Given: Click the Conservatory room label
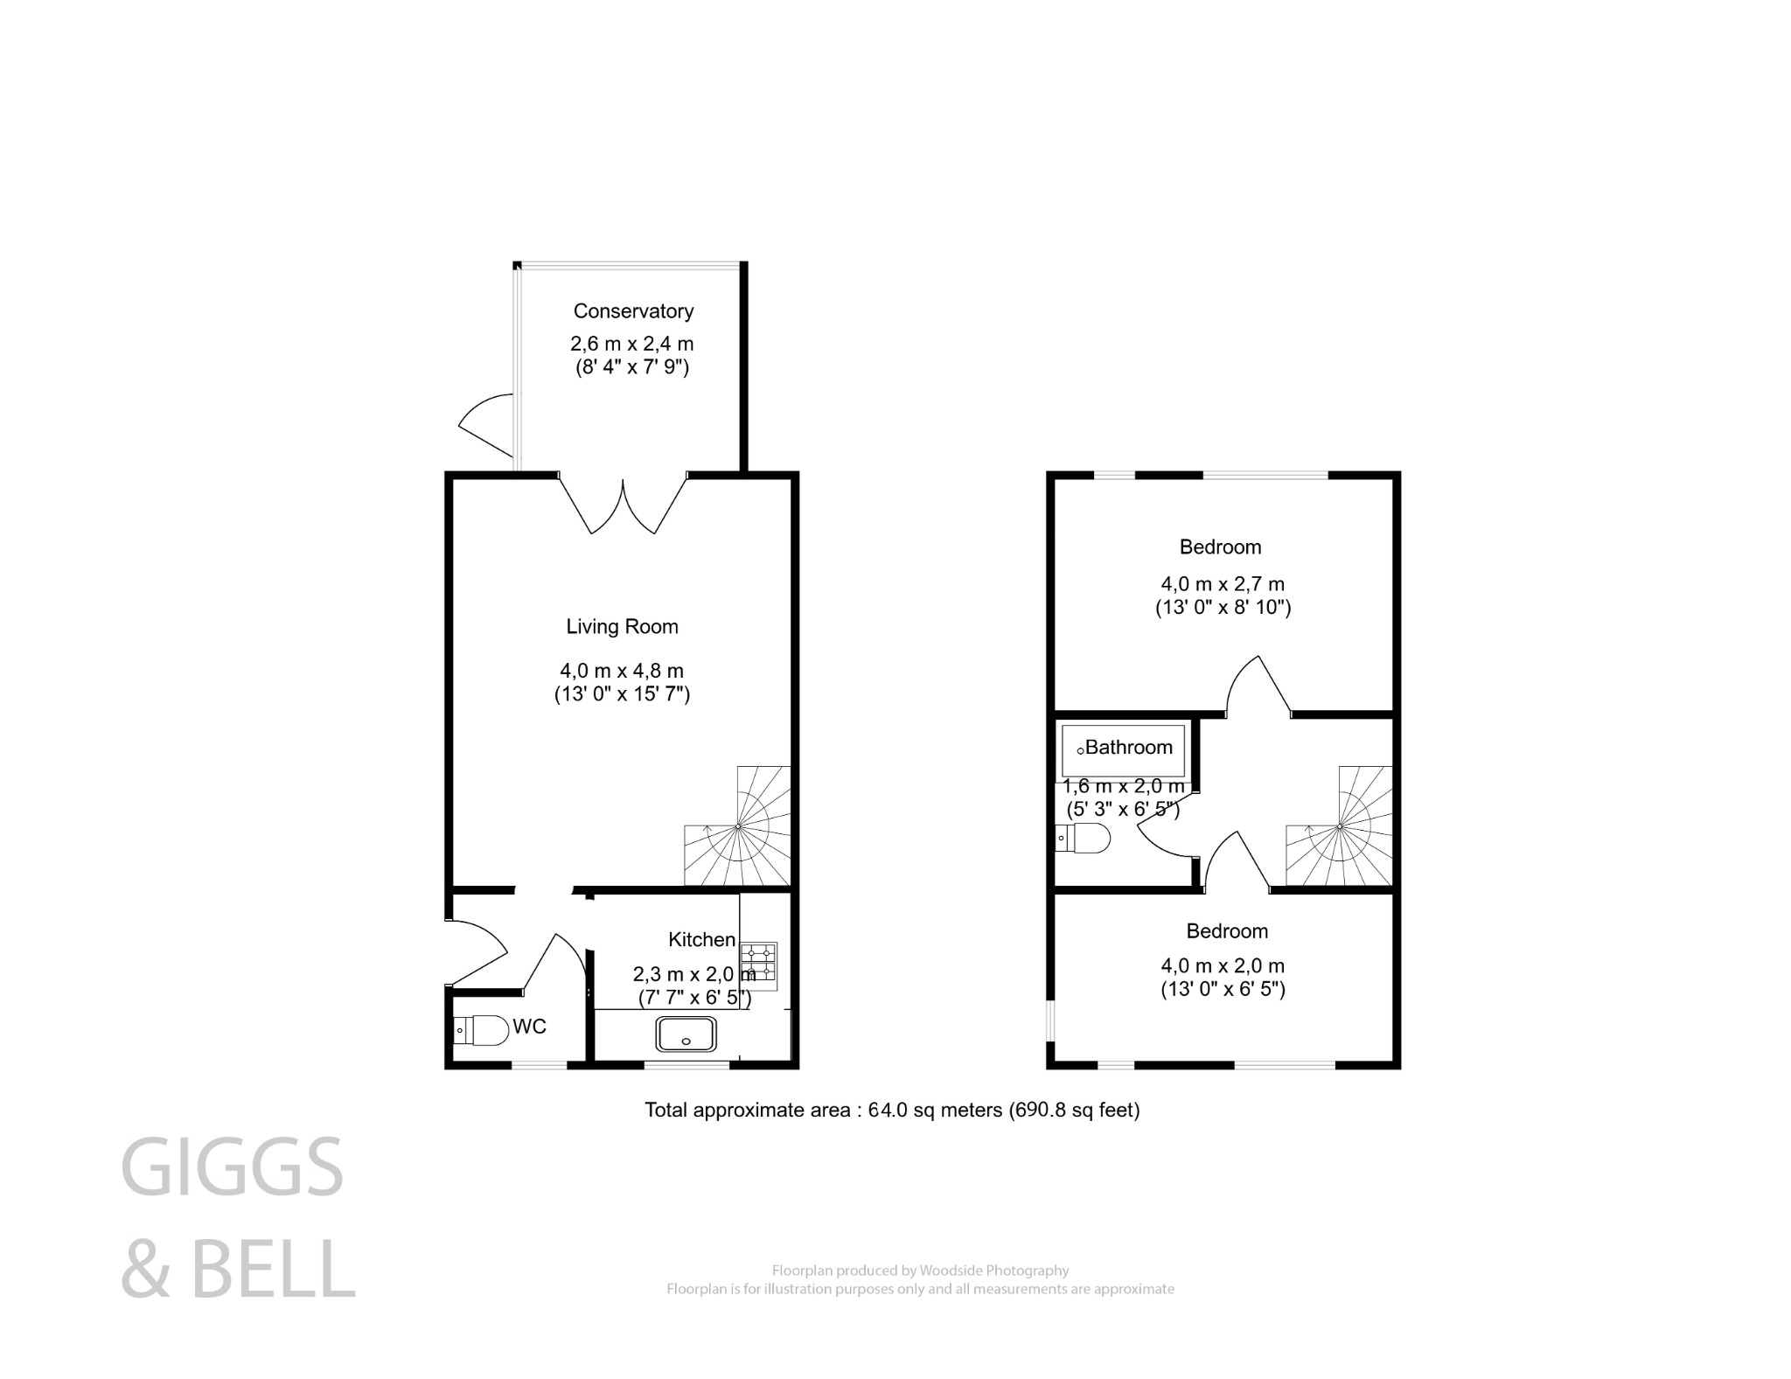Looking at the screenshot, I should coord(633,311).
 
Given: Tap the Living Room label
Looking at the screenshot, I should coord(622,627).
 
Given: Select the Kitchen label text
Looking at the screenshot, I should coord(701,940).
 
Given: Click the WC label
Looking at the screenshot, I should coord(529,1027).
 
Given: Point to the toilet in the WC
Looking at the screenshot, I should coord(482,1031).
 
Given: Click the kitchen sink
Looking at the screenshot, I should coord(686,1034).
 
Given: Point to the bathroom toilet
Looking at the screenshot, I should coord(1084,839).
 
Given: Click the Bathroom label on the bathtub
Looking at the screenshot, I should coord(1128,748).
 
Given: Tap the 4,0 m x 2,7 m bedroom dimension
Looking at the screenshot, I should coord(1222,584).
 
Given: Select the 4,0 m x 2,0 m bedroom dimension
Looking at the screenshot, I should coord(1222,966).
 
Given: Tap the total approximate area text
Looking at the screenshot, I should coord(892,1111).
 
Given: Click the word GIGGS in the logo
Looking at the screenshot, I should coord(232,1167).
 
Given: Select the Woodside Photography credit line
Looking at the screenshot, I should coord(920,1271).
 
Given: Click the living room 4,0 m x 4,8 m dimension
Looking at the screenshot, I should coord(622,672).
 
